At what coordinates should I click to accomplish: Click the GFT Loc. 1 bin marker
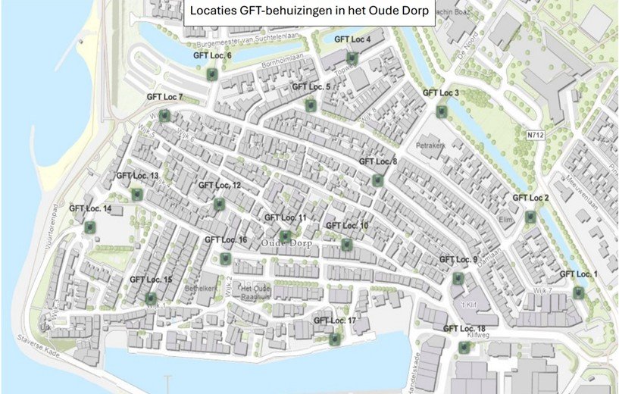[x=579, y=292]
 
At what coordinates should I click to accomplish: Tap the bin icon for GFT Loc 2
[x=530, y=217]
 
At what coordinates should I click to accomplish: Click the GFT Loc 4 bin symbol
[x=352, y=58]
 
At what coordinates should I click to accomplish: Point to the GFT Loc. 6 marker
[x=213, y=74]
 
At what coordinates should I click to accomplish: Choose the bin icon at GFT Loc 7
[x=164, y=116]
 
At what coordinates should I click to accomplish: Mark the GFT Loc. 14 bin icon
[x=90, y=227]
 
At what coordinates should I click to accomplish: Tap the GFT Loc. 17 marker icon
[x=335, y=339]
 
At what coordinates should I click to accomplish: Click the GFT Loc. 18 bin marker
[x=464, y=347]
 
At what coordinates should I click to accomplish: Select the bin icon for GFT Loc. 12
[x=220, y=204]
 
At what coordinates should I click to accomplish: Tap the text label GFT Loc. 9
[x=459, y=260]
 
